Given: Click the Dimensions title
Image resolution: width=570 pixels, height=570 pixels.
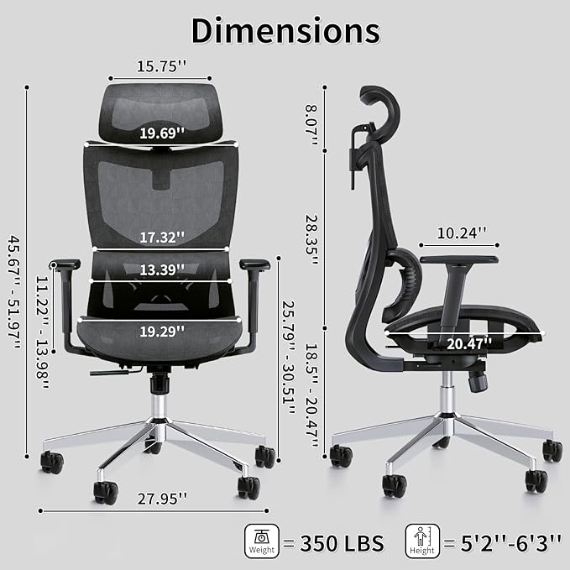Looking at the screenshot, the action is (285, 31).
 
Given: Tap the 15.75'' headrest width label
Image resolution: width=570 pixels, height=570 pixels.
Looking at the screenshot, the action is (162, 66).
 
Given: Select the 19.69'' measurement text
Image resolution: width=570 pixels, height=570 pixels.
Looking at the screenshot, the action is (162, 133).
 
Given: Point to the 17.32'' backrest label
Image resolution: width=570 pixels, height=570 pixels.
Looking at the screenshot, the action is (162, 238).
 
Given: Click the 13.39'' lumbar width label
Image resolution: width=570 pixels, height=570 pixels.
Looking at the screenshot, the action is (162, 269).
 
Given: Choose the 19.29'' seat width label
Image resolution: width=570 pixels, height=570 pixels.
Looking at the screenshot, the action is (162, 331).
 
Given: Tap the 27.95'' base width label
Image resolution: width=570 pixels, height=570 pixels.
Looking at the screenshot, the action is (162, 499).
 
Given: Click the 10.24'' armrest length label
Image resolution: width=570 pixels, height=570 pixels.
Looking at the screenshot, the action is (462, 233).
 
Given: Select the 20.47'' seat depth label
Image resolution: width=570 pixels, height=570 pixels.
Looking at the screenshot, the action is (469, 343).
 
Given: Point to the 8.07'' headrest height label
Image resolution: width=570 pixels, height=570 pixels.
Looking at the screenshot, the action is (311, 125).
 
